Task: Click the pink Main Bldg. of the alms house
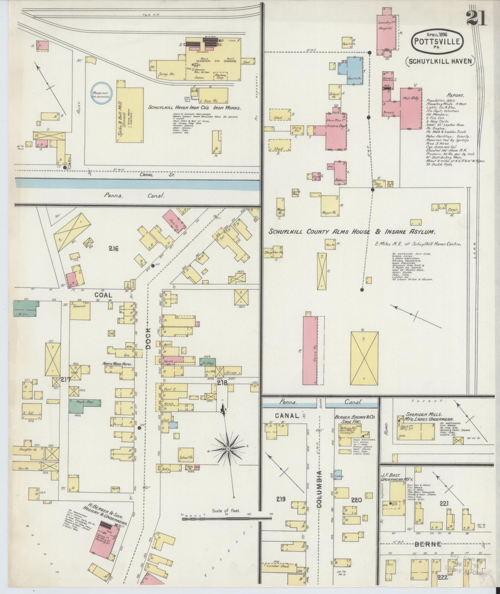(411, 107)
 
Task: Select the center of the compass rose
(228, 449)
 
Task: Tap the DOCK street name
(148, 338)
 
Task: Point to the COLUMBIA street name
(320, 491)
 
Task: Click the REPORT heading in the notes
(455, 95)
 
